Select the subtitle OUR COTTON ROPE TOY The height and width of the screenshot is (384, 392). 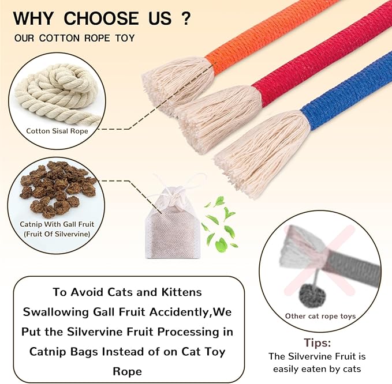click(x=75, y=38)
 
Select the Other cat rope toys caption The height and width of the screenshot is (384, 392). click(x=320, y=316)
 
